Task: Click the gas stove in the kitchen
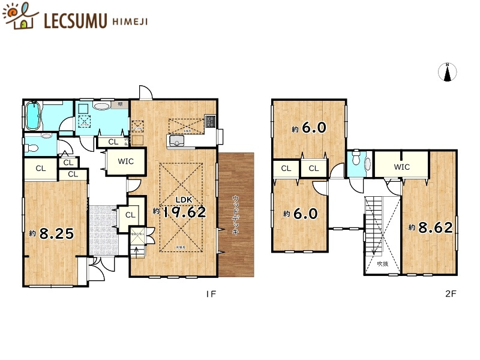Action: click(209, 121)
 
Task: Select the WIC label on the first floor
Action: click(126, 161)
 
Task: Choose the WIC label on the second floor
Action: click(402, 167)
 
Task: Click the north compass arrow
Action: click(448, 72)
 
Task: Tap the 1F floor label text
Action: click(211, 295)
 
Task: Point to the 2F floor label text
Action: click(451, 295)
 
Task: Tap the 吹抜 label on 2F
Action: click(382, 262)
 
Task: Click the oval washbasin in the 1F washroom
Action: click(103, 106)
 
